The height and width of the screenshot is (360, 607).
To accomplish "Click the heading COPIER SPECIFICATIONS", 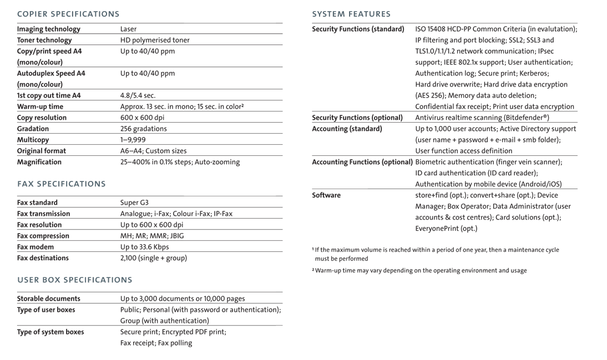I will (68, 14).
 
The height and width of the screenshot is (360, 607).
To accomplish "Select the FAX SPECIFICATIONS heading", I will (61, 184).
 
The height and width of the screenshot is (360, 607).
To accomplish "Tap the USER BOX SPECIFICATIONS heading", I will (75, 280).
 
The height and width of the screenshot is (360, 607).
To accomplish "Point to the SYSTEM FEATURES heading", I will (351, 14).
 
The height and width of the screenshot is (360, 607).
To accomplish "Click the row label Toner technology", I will (44, 40).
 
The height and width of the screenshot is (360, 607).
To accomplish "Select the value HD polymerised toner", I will (155, 40).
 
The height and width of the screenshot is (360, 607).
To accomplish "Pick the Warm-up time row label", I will (40, 107).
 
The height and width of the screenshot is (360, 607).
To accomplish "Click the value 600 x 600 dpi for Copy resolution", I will (142, 118).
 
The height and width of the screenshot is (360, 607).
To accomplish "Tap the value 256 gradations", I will (143, 129).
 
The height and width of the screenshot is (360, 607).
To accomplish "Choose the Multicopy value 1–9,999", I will (133, 140).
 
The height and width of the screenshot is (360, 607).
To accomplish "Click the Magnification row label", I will (39, 162).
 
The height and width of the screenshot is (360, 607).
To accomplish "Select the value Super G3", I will (134, 202).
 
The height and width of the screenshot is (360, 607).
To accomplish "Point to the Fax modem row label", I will (36, 247).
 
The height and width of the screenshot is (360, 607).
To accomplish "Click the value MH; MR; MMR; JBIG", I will (152, 236).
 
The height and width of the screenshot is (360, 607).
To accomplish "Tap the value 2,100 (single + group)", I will (154, 258).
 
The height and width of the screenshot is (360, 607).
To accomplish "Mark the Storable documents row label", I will (49, 298).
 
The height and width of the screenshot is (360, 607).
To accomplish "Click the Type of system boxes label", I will (50, 332).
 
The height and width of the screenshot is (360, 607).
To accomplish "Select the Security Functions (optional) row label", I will (357, 118).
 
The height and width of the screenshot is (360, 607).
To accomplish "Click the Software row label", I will (326, 195).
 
